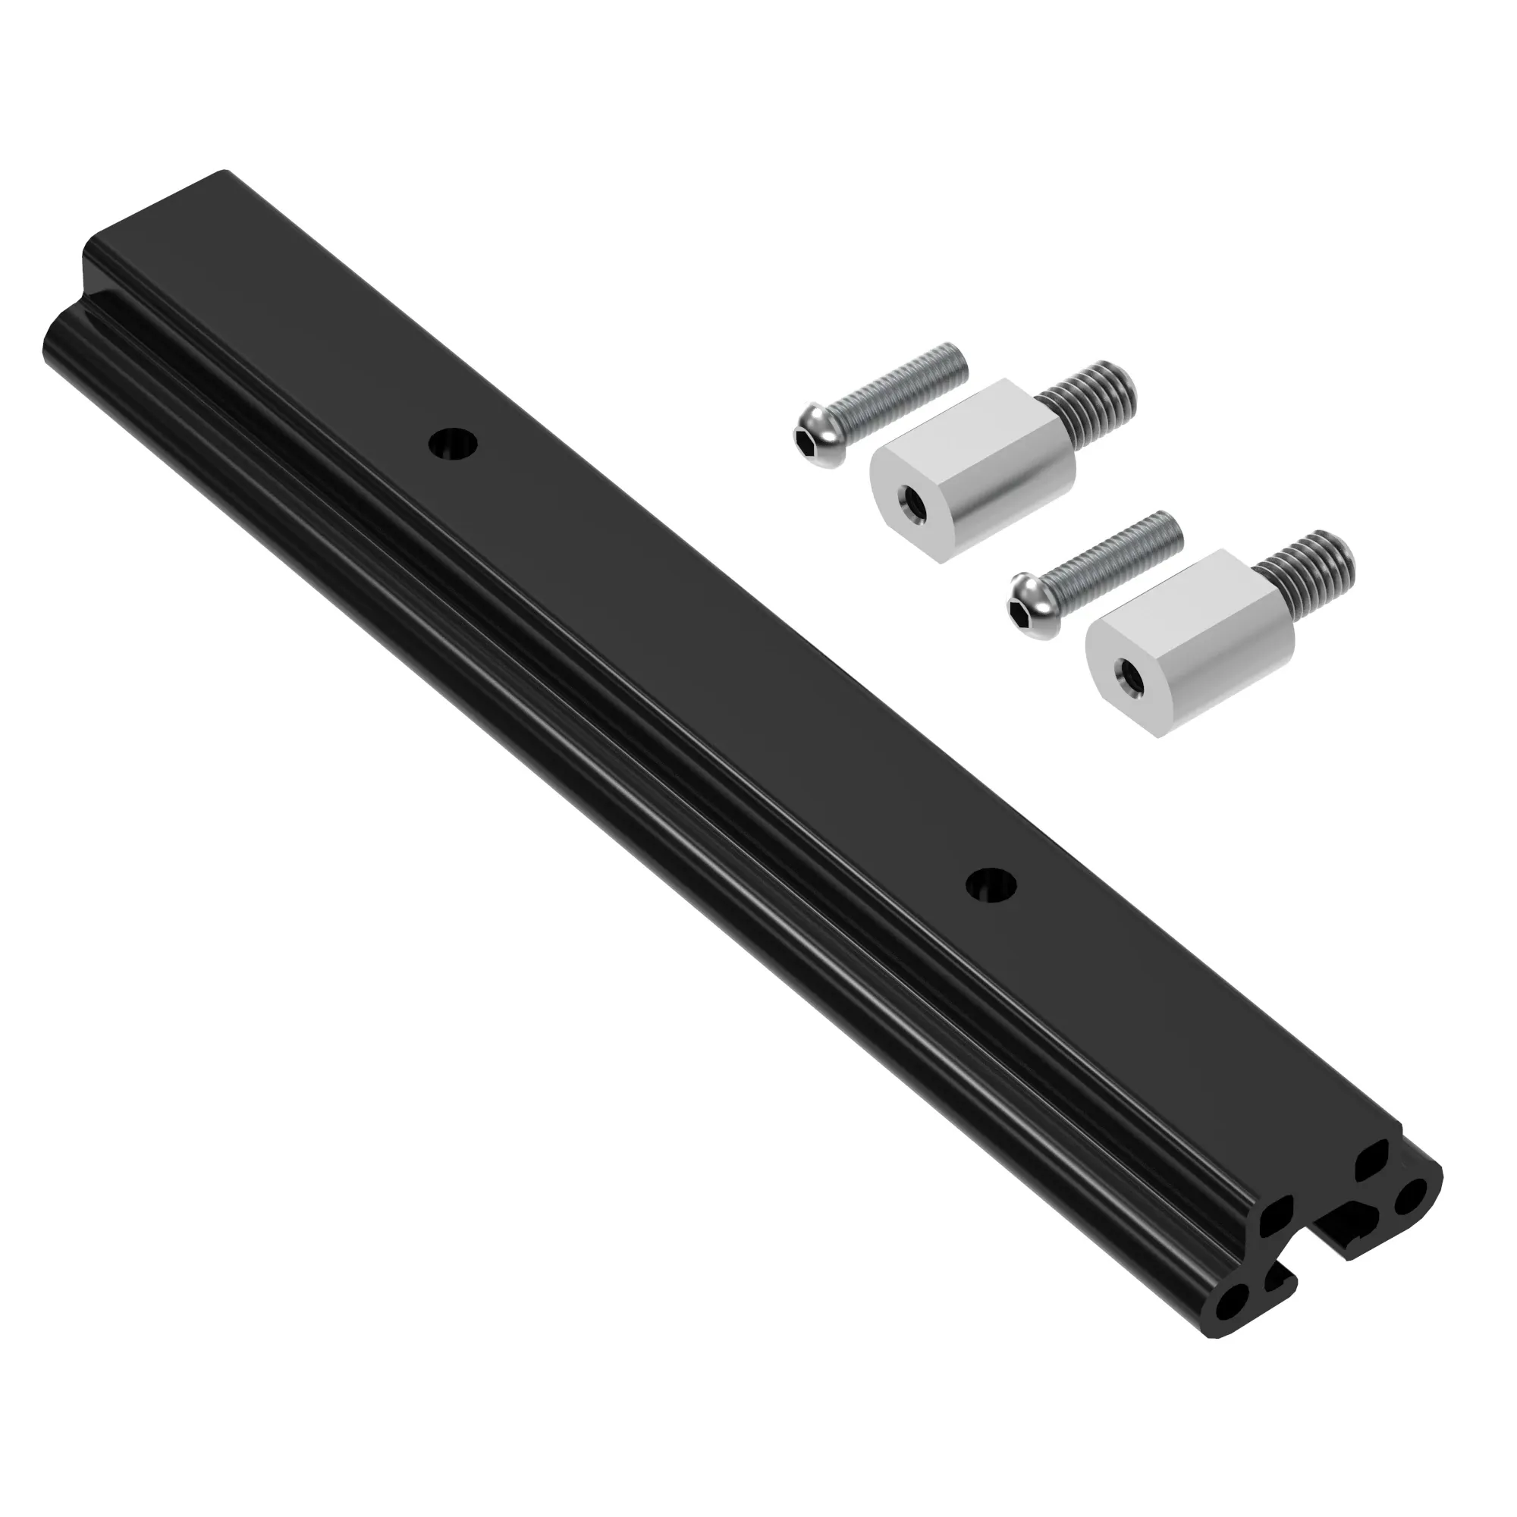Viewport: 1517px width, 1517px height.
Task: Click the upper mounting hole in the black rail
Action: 454,444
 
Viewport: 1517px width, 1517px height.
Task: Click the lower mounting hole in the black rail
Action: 991,885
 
